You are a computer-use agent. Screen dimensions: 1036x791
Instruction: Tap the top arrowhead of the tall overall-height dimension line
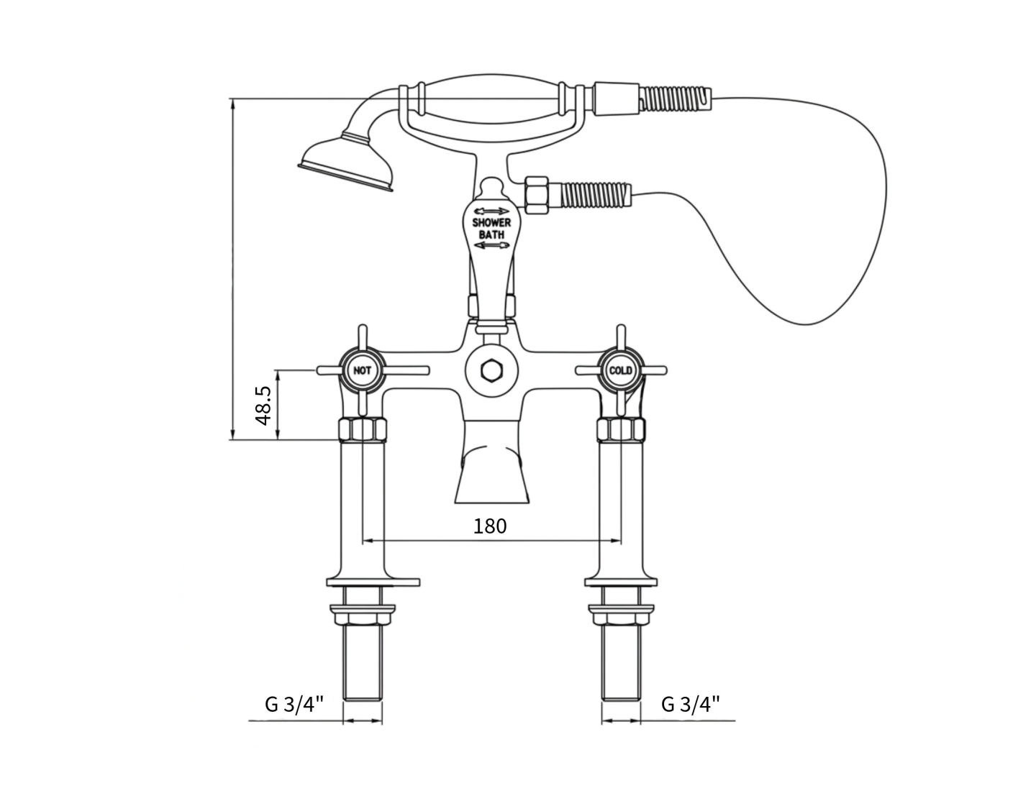point(232,104)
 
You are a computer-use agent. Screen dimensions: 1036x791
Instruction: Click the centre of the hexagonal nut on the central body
point(491,371)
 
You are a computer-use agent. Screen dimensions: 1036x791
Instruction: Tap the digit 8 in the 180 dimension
point(490,526)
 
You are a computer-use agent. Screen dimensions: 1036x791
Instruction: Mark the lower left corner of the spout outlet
point(455,503)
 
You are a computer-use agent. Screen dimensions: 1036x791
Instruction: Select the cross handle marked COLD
point(621,371)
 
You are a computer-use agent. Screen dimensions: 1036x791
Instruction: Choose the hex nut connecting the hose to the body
point(537,195)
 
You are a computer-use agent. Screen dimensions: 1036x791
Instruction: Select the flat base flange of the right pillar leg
point(621,582)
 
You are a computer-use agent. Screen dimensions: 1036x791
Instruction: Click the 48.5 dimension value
point(263,406)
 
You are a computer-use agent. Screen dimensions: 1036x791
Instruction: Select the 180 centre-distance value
point(490,526)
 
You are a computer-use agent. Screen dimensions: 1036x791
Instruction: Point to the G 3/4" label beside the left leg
point(294,705)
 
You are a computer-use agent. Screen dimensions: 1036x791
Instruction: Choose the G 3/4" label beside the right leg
point(691,705)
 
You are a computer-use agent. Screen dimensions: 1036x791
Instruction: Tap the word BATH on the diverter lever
point(491,234)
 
